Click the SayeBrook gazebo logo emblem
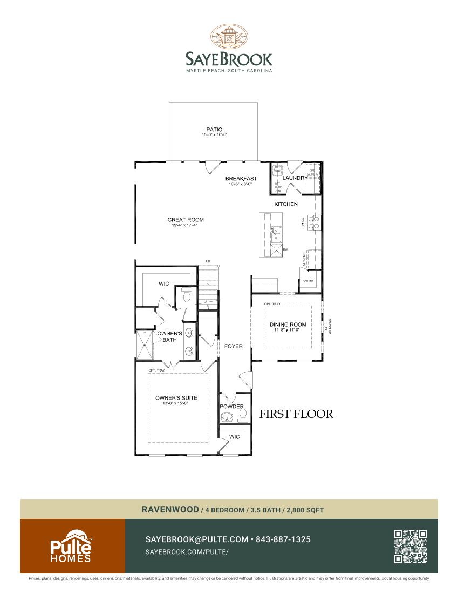point(229,37)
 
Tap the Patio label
point(214,130)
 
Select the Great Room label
point(186,220)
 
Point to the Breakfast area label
point(241,179)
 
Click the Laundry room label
point(295,178)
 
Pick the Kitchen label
point(286,204)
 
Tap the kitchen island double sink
point(276,233)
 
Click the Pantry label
point(308,281)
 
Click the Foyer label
point(234,346)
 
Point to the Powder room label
point(232,407)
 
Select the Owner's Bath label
point(169,337)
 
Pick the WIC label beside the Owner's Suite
point(234,437)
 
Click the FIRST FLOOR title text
point(296,414)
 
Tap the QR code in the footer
point(411,546)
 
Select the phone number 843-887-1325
point(283,539)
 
